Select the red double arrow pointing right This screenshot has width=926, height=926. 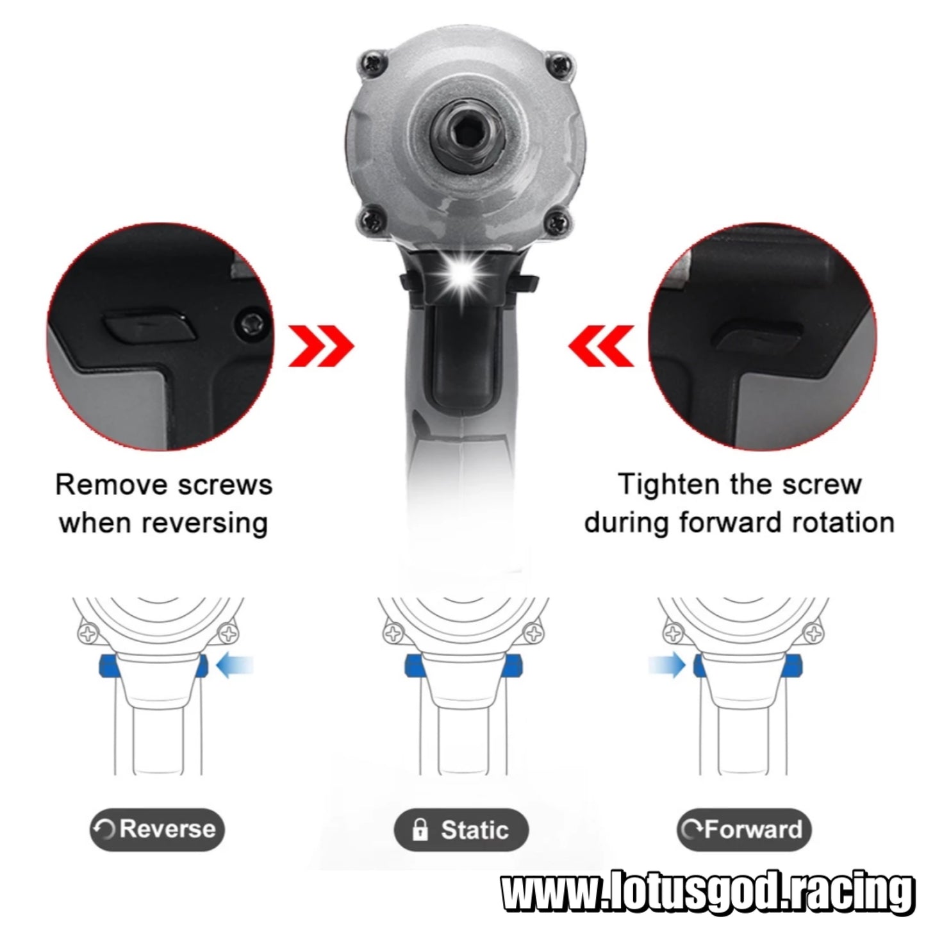coord(320,346)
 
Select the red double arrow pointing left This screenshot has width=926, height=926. coord(601,346)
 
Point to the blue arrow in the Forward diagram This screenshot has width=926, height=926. coord(667,666)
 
